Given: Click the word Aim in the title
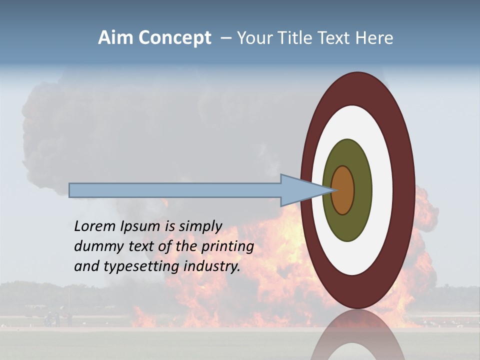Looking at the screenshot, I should [116, 37].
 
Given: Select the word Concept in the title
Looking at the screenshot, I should [174, 38].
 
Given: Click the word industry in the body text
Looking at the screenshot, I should [212, 266].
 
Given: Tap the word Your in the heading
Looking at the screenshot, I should [254, 37].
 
